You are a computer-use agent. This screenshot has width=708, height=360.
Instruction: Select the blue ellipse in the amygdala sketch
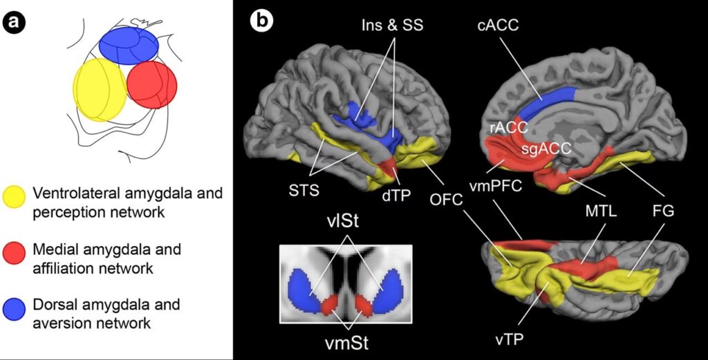129,45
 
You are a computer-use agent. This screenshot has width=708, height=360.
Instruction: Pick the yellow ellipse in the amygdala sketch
99,89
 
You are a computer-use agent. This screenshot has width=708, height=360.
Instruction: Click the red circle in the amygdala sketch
152,84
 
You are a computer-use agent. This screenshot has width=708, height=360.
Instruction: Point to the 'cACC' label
498,26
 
